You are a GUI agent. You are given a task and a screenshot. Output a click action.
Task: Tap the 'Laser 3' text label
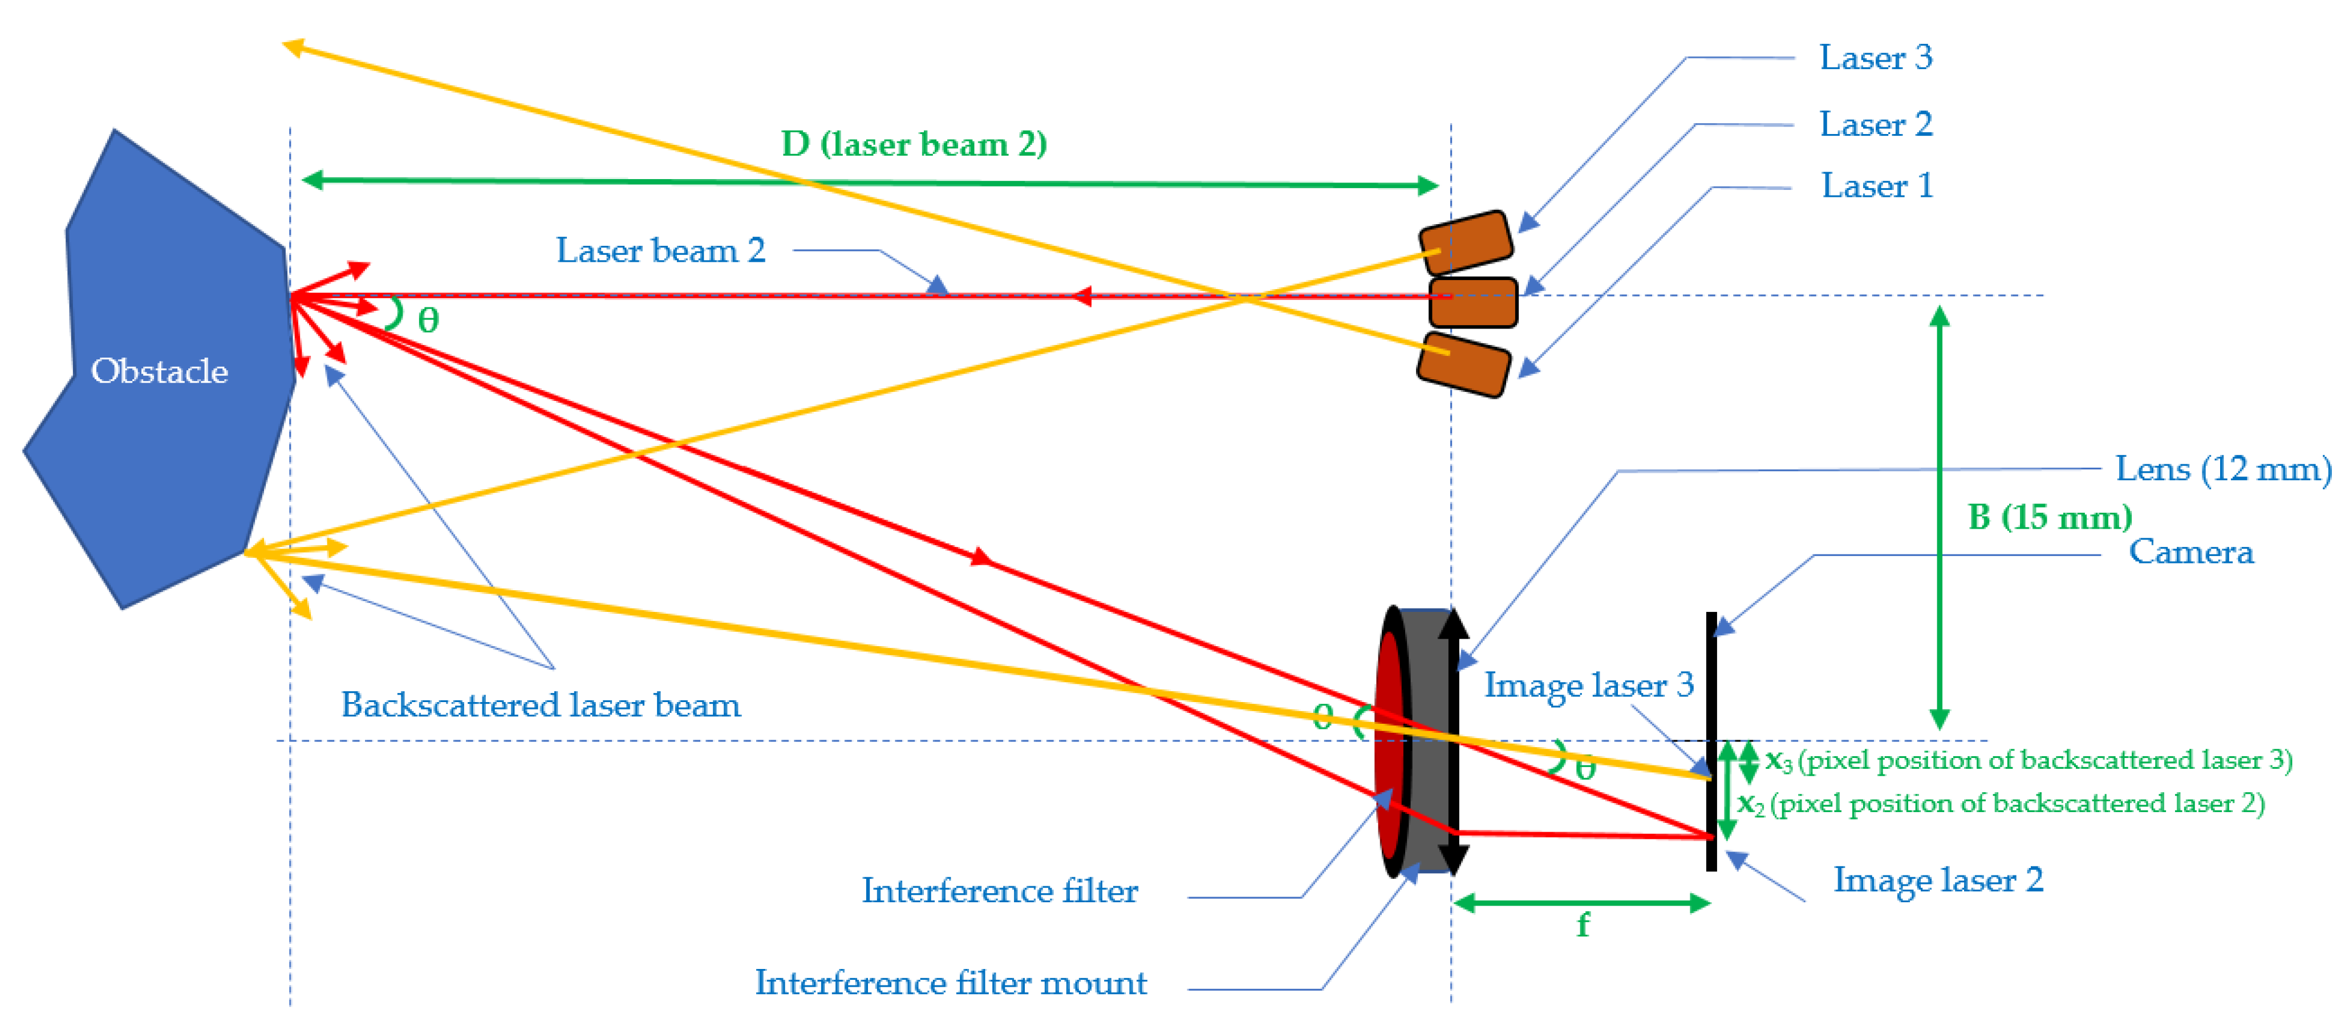coord(1875,58)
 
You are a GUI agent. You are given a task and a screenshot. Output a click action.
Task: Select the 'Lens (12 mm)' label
coord(2222,469)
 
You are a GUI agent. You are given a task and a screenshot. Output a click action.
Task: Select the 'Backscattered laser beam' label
coord(541,705)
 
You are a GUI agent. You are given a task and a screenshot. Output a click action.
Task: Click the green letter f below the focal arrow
coord(1583,926)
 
